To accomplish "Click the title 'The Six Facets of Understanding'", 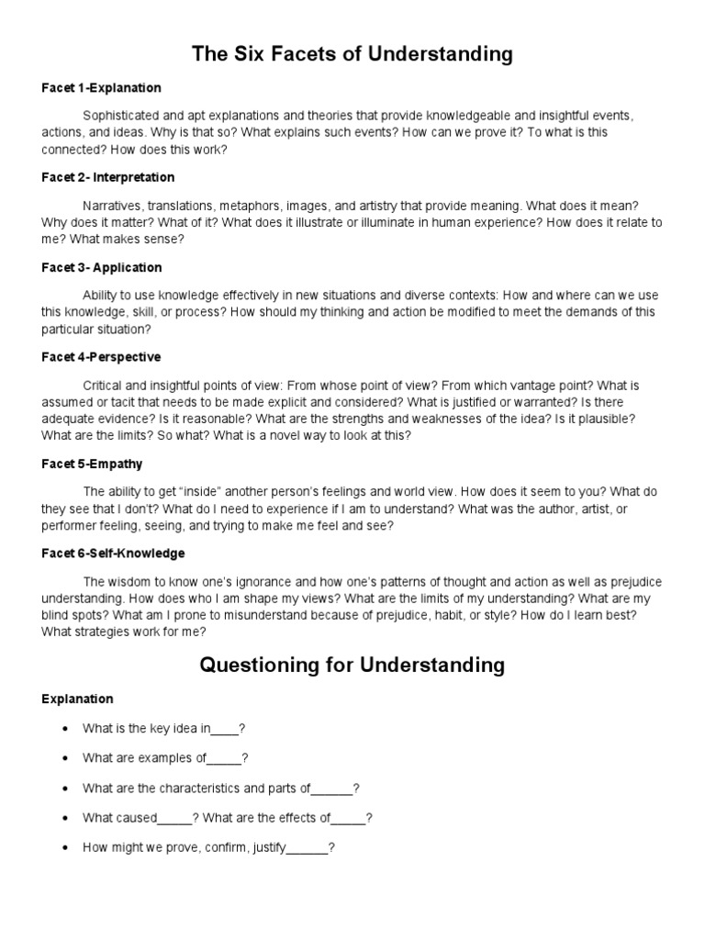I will pyautogui.click(x=352, y=54).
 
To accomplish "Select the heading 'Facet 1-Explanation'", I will pyautogui.click(x=101, y=88).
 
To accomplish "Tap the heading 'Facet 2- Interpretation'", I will pyautogui.click(x=107, y=177).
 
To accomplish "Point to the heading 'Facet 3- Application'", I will pyautogui.click(x=101, y=267).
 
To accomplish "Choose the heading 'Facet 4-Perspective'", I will pyautogui.click(x=101, y=356).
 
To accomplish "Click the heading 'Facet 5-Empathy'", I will pyautogui.click(x=92, y=464).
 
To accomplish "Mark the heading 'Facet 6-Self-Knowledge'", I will pyautogui.click(x=113, y=554).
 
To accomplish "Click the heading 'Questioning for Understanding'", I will pyautogui.click(x=352, y=665).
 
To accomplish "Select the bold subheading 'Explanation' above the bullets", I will pyautogui.click(x=77, y=699).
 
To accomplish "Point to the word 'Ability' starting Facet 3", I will pyautogui.click(x=99, y=296).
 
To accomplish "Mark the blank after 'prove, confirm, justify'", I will pyautogui.click(x=308, y=849).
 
